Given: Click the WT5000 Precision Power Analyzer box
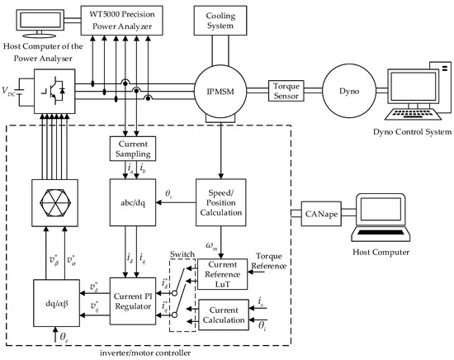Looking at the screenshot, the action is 121,21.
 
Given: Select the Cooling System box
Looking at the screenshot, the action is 220,21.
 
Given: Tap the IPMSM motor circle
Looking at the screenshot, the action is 220,91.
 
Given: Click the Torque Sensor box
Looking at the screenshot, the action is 286,91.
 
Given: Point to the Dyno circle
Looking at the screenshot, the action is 349,91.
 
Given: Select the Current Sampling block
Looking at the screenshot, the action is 133,149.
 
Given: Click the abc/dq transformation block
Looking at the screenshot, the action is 133,202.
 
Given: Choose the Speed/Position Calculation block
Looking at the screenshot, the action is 221,202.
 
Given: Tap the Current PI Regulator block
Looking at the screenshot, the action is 133,301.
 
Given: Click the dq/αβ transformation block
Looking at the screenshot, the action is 56,303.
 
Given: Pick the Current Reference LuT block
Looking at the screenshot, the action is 222,274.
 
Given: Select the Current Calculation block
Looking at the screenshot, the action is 224,315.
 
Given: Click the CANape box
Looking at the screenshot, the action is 321,214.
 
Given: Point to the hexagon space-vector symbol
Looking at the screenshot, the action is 55,203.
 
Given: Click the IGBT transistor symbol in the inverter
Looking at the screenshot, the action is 53,91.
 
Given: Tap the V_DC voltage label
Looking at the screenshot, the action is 8,91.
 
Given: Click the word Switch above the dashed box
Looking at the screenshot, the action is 182,254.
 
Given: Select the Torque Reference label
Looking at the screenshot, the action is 269,261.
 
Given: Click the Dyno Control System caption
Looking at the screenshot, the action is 412,132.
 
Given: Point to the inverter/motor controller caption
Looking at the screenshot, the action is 145,353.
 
